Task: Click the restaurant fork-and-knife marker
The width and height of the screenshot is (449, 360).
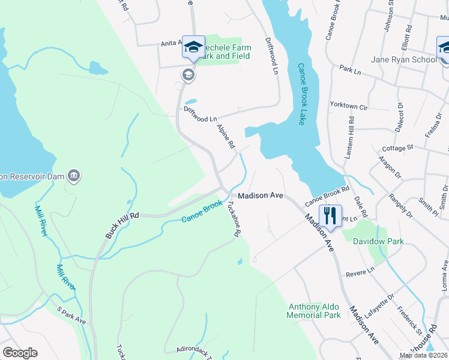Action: (x=330, y=214)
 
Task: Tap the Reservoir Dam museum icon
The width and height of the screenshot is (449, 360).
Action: (x=74, y=176)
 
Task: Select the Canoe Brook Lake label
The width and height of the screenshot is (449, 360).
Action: (x=302, y=94)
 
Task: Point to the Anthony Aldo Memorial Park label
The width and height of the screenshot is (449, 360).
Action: (x=313, y=311)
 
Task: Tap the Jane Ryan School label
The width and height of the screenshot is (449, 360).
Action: (x=403, y=60)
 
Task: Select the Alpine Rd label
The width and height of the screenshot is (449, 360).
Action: (x=226, y=137)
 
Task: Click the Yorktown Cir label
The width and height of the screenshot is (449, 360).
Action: (x=348, y=105)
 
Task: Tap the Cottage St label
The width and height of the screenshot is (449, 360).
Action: (x=398, y=147)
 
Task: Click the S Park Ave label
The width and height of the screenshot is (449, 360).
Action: (x=72, y=315)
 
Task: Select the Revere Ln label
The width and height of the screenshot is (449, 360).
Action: (x=360, y=272)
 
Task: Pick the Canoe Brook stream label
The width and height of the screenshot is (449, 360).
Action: (x=202, y=212)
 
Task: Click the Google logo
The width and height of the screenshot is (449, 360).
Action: (x=20, y=353)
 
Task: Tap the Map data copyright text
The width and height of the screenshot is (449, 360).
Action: (x=423, y=355)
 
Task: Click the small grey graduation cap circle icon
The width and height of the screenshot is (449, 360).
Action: (x=188, y=74)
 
